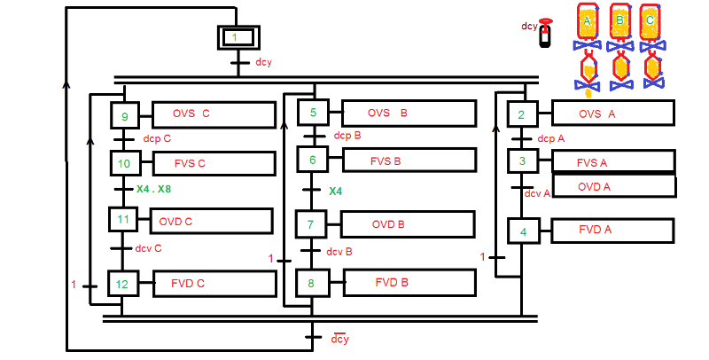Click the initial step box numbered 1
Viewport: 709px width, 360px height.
point(235,37)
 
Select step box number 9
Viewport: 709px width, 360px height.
point(124,116)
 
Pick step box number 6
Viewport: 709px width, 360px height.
point(312,160)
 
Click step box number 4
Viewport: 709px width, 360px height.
point(522,231)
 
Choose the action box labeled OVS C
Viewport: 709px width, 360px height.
point(214,114)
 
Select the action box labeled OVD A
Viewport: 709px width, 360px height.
point(613,187)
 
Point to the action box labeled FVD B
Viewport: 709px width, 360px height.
point(409,283)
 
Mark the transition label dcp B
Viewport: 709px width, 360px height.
point(347,136)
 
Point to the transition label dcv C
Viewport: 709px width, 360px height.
point(148,248)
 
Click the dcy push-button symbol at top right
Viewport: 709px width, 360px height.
point(545,35)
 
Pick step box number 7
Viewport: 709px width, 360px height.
point(310,224)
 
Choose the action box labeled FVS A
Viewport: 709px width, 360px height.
point(612,162)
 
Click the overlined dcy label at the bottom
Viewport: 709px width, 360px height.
point(339,340)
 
